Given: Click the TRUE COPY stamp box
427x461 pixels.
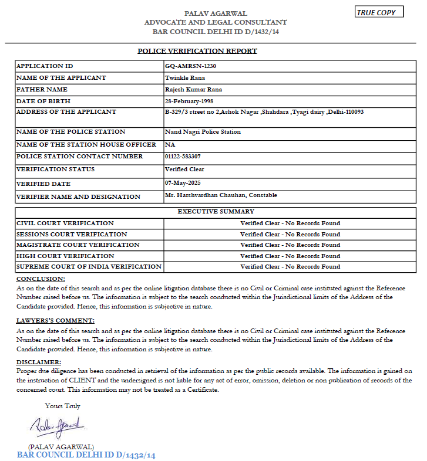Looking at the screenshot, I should [x=379, y=12].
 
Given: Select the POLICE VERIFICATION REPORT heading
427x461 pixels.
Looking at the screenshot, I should [x=197, y=51].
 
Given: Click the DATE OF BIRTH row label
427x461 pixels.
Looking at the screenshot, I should [x=43, y=101].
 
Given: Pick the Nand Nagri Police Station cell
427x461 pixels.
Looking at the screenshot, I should [x=203, y=132].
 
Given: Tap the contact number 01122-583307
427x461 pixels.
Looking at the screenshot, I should [x=183, y=157].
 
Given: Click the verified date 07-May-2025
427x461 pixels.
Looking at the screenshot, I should [x=184, y=182].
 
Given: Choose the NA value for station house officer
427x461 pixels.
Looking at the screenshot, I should [x=170, y=144].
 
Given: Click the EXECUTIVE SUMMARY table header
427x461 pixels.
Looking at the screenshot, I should [x=216, y=212].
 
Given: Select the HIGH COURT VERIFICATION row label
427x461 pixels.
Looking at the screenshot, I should [x=65, y=256].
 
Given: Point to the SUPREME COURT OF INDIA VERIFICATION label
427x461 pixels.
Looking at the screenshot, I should [x=89, y=267].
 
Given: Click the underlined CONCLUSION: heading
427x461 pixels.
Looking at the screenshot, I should [x=41, y=279].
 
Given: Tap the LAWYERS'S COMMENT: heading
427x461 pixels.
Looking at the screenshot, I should [x=55, y=321].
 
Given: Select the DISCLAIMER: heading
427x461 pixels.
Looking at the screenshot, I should [x=39, y=362].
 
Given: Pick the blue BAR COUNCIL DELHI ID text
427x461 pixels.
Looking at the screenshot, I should [x=86, y=455].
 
